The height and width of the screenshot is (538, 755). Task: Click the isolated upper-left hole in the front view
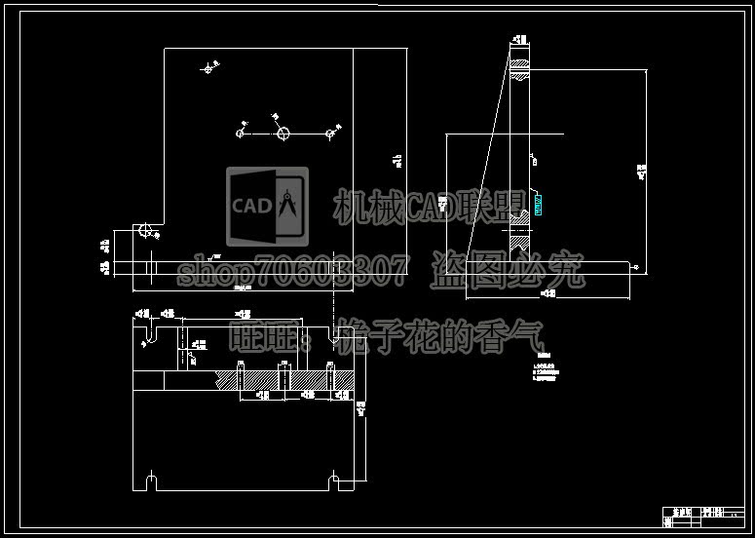(208, 68)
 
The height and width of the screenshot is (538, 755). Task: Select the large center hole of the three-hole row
(282, 134)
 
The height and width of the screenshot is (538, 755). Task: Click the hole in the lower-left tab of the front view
(145, 232)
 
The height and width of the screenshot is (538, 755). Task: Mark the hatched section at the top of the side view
(520, 66)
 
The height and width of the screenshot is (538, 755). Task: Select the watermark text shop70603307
(292, 269)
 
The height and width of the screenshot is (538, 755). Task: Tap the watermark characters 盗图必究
(507, 269)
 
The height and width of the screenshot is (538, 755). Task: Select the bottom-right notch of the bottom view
(334, 481)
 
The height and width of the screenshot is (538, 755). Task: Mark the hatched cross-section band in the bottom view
(287, 379)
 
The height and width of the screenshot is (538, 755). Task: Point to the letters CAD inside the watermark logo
(250, 206)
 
